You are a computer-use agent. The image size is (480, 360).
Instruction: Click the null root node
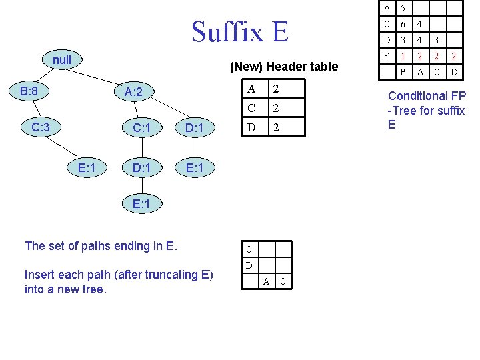pos(61,60)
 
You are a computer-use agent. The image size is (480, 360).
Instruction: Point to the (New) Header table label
pos(284,67)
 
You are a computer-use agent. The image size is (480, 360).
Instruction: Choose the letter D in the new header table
pos(251,127)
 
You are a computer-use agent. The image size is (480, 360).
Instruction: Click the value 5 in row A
pos(403,9)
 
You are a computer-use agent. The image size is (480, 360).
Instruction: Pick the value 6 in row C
pos(403,25)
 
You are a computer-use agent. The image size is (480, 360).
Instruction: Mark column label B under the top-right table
pos(403,71)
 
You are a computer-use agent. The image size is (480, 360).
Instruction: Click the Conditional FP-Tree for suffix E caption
pos(427,110)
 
